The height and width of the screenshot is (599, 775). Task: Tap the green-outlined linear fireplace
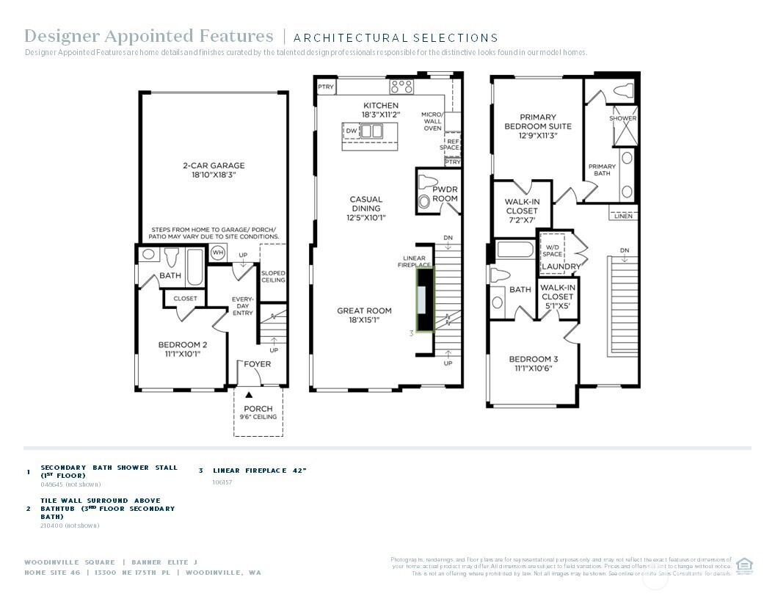tap(425, 298)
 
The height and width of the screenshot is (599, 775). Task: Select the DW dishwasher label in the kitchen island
tap(352, 131)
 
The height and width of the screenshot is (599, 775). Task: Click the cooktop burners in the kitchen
tap(401, 87)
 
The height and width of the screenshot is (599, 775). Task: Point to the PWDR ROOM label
tap(445, 194)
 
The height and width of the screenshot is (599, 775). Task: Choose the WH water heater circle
tap(218, 253)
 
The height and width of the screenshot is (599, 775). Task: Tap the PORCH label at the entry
tap(258, 409)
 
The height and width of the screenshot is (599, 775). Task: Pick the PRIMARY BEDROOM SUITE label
tap(538, 122)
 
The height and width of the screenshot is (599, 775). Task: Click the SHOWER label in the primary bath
tap(623, 118)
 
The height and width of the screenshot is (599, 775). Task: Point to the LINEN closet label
tap(623, 216)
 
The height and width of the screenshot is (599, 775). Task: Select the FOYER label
tap(258, 364)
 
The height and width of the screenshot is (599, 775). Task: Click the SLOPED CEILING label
tap(273, 276)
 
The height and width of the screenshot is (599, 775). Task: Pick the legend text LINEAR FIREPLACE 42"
tap(259, 471)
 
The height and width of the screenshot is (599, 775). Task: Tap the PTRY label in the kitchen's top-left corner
tap(326, 87)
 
